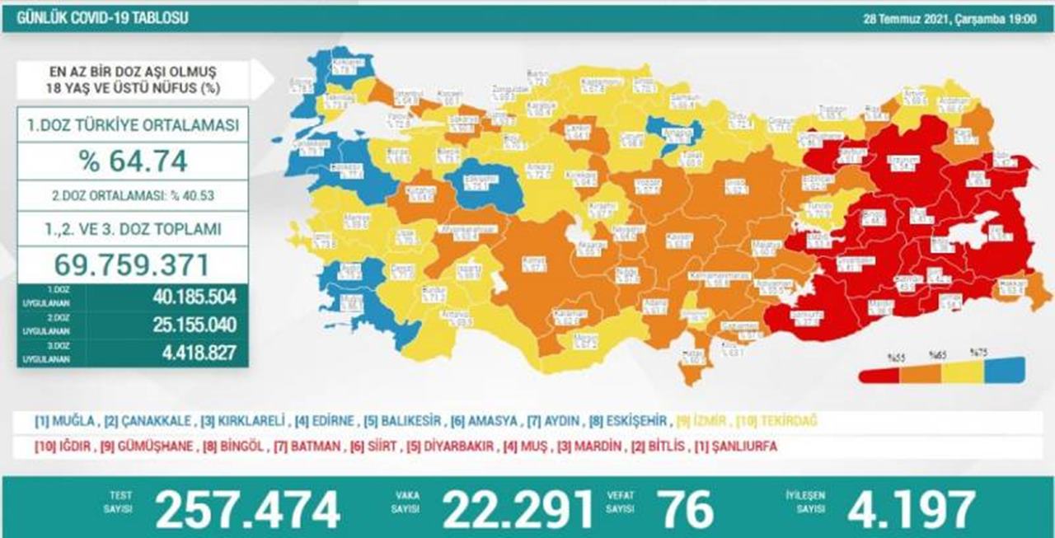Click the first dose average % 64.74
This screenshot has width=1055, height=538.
coord(132,161)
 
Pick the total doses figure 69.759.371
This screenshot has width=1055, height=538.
coord(132,264)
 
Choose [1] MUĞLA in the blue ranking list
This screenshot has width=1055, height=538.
coord(62,422)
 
